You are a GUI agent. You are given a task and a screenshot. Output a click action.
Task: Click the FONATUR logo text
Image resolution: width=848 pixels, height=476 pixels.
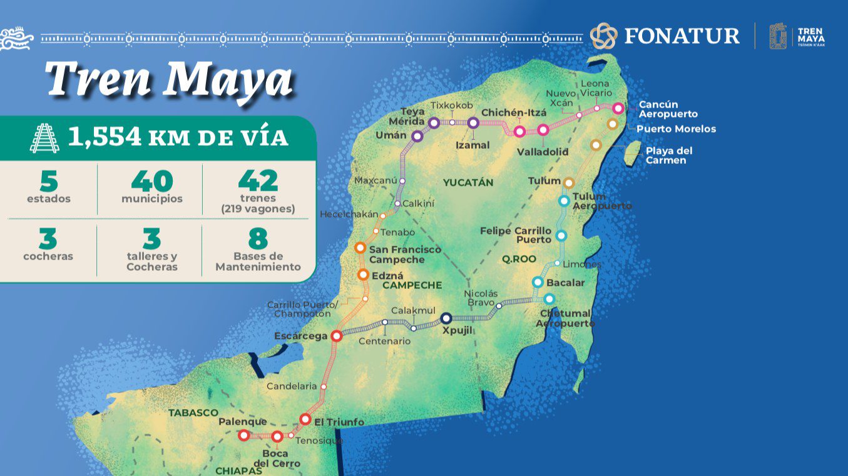click(x=682, y=36)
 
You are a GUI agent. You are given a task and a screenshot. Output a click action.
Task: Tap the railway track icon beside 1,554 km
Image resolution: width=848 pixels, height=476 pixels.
click(x=44, y=138)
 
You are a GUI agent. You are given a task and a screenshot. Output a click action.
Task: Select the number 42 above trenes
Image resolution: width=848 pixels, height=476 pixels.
click(x=258, y=181)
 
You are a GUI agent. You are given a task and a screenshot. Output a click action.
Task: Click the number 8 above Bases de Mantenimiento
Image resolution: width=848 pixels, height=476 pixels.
click(x=258, y=239)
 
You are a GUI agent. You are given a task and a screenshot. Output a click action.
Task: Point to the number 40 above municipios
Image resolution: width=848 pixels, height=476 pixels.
click(x=152, y=181)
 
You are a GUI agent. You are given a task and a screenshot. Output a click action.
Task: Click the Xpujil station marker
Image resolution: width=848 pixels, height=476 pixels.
click(x=446, y=318)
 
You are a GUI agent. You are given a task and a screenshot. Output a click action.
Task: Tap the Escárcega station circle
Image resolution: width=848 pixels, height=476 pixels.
click(x=336, y=336)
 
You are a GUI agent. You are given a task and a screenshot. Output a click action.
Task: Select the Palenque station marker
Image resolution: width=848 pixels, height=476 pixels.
click(x=244, y=435)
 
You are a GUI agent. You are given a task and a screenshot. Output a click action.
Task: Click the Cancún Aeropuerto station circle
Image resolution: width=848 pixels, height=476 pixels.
click(x=618, y=108)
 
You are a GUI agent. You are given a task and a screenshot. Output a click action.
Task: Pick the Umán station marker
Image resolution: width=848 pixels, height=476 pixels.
click(x=417, y=136)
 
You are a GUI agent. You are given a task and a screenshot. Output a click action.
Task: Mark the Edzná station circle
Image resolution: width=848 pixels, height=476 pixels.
click(x=364, y=275)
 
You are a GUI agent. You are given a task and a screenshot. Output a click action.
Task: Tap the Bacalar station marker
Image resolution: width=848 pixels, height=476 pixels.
click(x=538, y=282)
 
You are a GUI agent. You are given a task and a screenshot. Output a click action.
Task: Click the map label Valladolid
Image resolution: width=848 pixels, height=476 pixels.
click(x=543, y=151)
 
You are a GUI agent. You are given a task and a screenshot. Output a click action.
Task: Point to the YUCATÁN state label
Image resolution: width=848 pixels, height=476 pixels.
click(x=468, y=183)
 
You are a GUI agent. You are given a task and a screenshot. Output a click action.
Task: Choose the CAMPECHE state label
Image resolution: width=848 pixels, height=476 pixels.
click(x=412, y=285)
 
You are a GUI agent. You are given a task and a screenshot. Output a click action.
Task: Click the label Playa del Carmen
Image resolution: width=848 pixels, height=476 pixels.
click(x=669, y=156)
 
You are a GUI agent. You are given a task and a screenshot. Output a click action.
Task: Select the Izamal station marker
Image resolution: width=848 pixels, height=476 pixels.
click(x=473, y=123)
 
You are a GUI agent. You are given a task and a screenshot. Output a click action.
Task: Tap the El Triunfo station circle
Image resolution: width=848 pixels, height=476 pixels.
click(x=305, y=418)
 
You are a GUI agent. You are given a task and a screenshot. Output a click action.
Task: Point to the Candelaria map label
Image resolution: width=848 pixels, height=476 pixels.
click(x=292, y=387)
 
